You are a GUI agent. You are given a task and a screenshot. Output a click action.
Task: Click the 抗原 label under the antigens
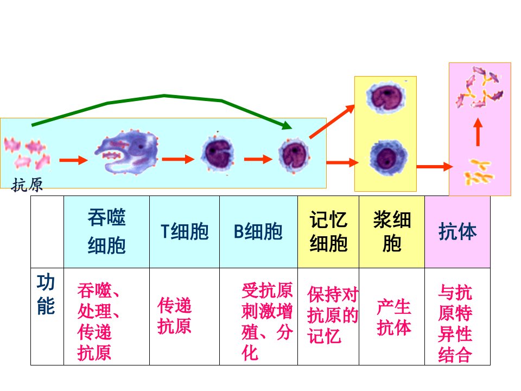coord(27,185)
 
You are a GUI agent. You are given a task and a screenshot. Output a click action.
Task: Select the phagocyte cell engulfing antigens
coord(127,152)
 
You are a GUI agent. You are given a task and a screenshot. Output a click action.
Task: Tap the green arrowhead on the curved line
coord(286,125)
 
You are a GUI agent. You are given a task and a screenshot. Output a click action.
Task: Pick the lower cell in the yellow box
coord(388,157)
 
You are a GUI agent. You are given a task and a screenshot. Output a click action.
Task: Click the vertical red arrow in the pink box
coord(478,133)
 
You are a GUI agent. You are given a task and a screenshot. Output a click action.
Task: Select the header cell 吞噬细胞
coord(107,232)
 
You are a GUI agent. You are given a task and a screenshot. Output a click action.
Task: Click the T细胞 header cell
coord(185,232)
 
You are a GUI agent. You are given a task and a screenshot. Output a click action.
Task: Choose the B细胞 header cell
coord(258,232)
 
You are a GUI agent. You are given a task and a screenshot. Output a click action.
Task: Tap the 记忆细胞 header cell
coord(328,232)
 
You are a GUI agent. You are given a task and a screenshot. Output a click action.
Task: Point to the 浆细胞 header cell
coord(392,232)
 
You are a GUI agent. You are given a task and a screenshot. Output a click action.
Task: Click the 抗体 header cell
coord(458,232)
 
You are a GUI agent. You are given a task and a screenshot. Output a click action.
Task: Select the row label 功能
coord(46,294)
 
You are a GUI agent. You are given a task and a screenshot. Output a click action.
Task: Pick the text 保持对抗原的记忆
coord(333,315)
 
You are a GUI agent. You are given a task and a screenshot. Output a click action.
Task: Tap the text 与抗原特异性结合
coord(455,323)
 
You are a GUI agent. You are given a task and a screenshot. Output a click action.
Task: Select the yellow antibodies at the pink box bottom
coord(479,172)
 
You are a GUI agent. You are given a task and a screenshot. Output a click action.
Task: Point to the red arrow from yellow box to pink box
coord(435,166)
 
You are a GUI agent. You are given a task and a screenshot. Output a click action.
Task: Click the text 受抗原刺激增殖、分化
coord(267,321)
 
